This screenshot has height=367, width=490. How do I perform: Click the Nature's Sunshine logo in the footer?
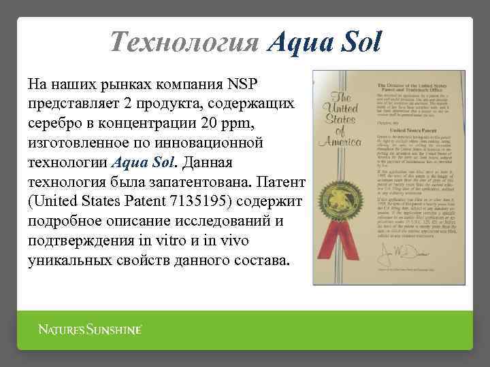click(89, 330)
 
